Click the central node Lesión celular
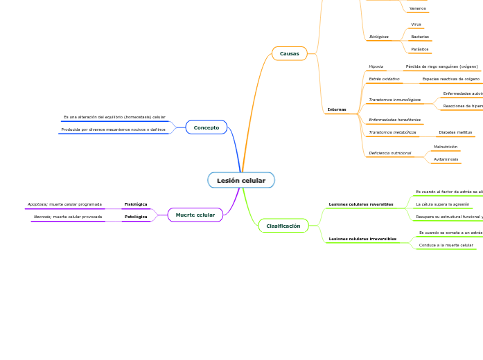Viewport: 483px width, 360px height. click(241, 181)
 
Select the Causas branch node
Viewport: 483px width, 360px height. click(290, 53)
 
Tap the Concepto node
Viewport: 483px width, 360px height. click(207, 127)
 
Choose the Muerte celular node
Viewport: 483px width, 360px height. click(195, 215)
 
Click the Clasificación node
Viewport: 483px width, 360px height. click(283, 226)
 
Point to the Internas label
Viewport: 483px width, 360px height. click(337, 109)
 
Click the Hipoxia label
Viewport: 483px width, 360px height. click(376, 66)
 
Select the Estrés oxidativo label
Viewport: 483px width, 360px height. click(384, 80)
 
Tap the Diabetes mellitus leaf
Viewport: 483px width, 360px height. click(455, 132)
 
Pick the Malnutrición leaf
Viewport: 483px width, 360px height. click(446, 147)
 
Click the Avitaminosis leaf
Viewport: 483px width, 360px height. click(446, 159)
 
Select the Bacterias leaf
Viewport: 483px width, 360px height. click(420, 37)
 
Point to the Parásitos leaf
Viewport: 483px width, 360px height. click(420, 49)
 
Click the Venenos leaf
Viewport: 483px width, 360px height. click(418, 8)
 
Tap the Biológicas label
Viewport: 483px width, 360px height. click(379, 37)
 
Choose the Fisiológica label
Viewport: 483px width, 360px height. click(136, 204)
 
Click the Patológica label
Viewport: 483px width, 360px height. click(136, 217)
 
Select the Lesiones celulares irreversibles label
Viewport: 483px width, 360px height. click(362, 239)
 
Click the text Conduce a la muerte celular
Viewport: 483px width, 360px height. click(446, 245)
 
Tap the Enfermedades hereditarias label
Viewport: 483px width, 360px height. click(394, 120)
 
